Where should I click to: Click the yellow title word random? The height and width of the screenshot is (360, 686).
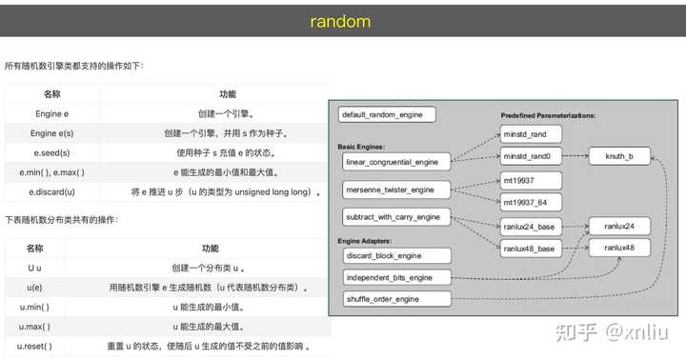pyautogui.click(x=340, y=20)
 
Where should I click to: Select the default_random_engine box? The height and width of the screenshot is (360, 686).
pyautogui.click(x=387, y=115)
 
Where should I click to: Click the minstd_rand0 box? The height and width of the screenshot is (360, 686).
pyautogui.click(x=532, y=155)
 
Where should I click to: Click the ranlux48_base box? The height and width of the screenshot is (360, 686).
pyautogui.click(x=532, y=248)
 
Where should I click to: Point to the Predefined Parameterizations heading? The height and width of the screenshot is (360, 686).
pyautogui.click(x=548, y=114)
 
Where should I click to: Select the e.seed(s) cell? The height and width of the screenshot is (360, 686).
pyautogui.click(x=51, y=152)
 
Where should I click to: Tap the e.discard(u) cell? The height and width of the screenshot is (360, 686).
pyautogui.click(x=51, y=192)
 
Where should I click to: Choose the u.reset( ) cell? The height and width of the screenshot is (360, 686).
pyautogui.click(x=34, y=346)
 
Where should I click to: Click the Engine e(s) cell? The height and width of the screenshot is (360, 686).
pyautogui.click(x=51, y=132)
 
